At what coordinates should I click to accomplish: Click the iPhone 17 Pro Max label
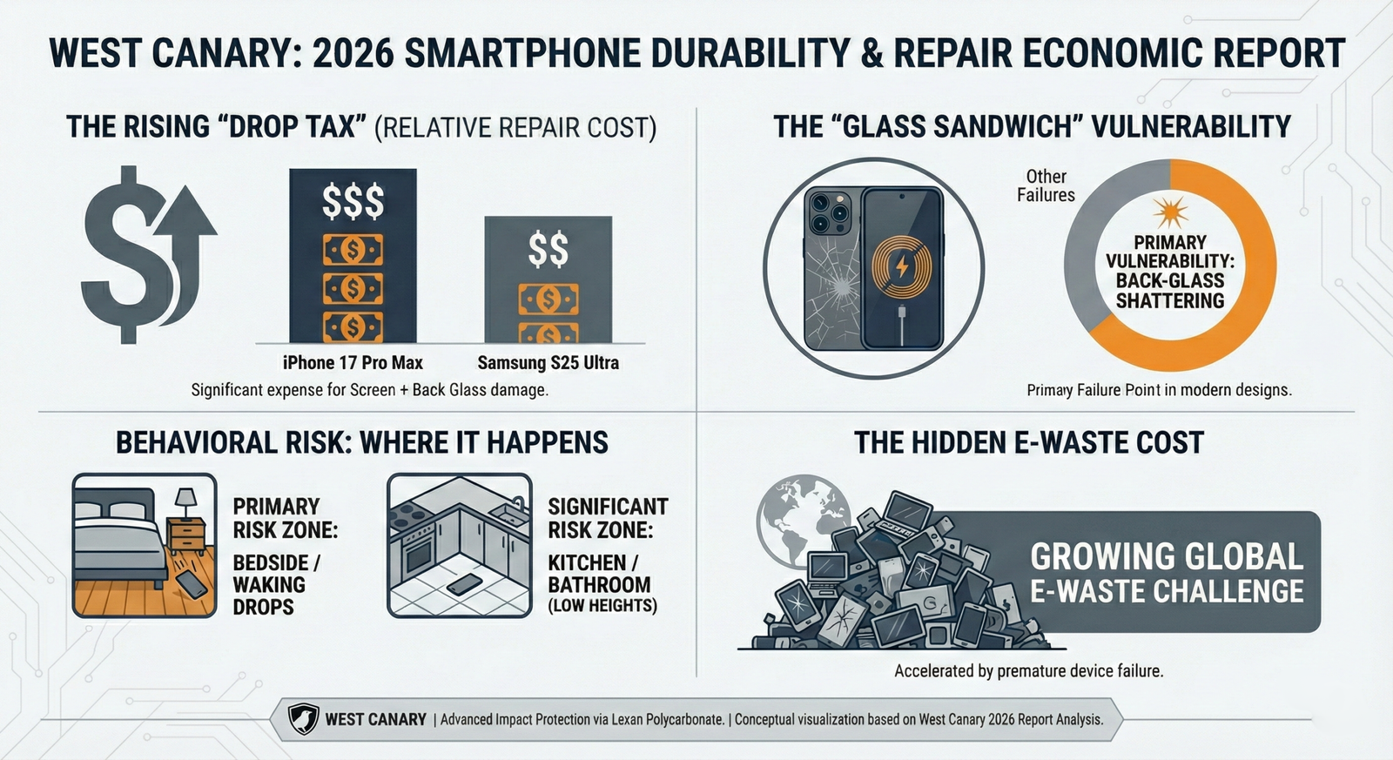(x=353, y=363)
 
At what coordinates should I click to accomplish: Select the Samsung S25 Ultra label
(x=548, y=363)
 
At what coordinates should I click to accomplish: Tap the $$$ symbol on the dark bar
(x=353, y=202)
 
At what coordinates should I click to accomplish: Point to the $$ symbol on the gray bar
(x=548, y=249)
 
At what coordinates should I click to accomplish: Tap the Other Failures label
(x=1046, y=185)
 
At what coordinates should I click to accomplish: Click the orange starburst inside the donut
(x=1169, y=212)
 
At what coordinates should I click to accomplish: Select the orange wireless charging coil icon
(x=902, y=266)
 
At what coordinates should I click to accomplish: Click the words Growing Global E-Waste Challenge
(x=1166, y=573)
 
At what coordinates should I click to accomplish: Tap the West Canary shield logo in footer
(x=303, y=719)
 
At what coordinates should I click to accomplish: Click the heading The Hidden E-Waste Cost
(x=1028, y=442)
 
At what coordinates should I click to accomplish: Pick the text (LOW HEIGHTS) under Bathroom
(x=602, y=606)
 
